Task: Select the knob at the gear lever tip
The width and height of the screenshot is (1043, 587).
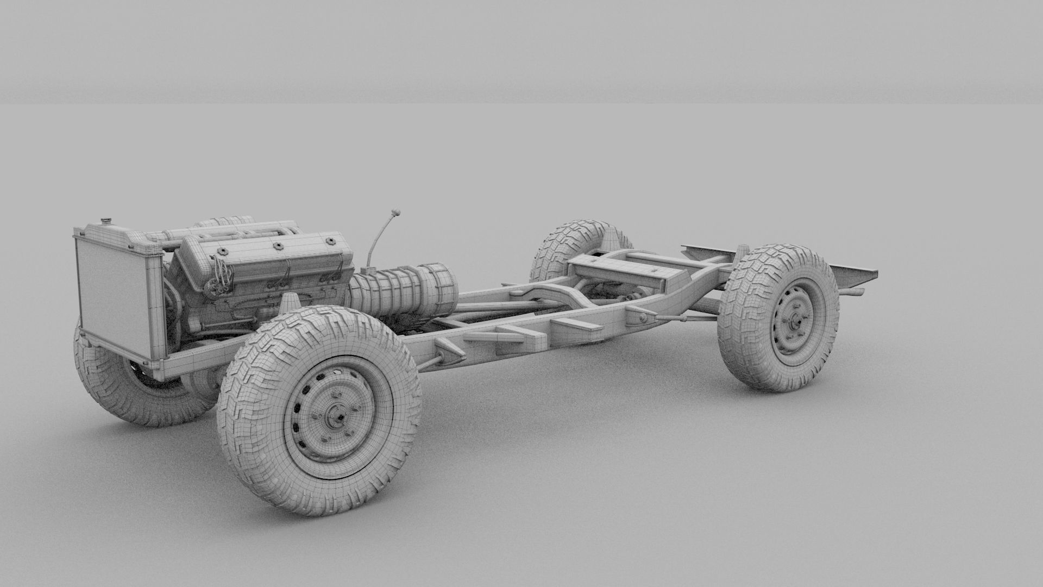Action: [395, 212]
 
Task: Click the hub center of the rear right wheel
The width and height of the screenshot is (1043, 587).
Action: [794, 321]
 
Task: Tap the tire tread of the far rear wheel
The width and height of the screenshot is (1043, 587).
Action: [565, 245]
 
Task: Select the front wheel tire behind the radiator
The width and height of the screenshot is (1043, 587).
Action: [125, 391]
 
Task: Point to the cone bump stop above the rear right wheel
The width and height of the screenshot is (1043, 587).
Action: [741, 253]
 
